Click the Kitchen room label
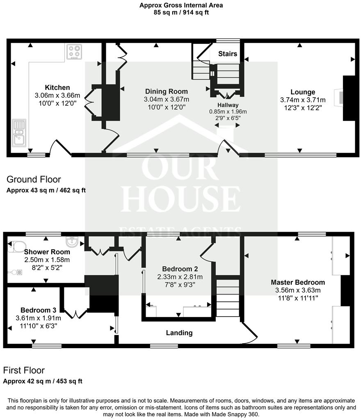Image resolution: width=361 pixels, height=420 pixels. pos(57,87)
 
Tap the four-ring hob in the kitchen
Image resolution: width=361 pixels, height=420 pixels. pos(74,52)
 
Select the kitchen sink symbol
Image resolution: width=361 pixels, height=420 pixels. pos(19,132)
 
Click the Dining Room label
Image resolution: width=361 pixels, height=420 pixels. pos(166,91)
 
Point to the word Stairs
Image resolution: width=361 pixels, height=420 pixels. pos(227,54)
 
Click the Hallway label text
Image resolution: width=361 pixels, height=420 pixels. pos(228,105)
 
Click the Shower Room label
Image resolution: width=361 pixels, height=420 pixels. pos(46,252)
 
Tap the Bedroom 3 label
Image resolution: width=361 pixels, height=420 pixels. pos(38,310)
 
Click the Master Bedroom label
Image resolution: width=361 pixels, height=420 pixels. pos(297,282)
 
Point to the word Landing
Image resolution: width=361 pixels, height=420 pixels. pos(179,333)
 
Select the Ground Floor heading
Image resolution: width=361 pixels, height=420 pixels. pos(34,179)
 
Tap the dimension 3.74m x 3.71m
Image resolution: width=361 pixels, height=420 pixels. pos(303,100)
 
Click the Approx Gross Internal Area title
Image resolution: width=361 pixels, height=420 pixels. pos(180,5)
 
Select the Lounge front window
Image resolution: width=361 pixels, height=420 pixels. pos(300,155)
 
